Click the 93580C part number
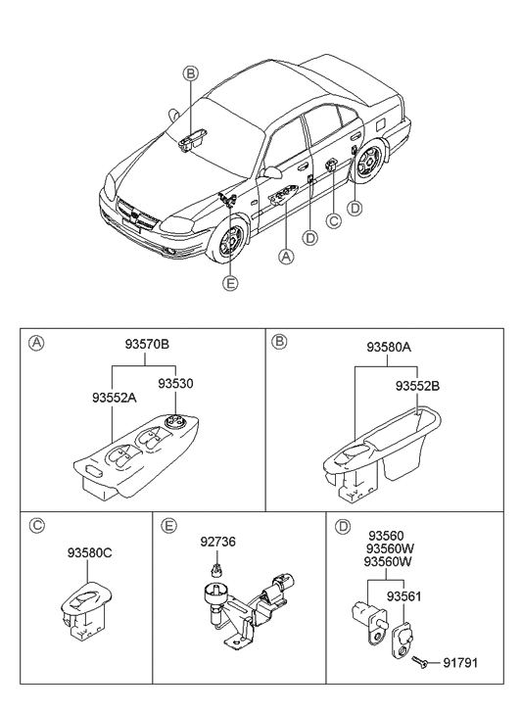point(90,553)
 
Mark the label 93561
point(403,595)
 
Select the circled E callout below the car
point(230,283)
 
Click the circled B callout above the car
point(190,73)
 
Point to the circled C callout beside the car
point(333,221)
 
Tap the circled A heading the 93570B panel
point(35,343)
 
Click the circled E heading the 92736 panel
point(169,526)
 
